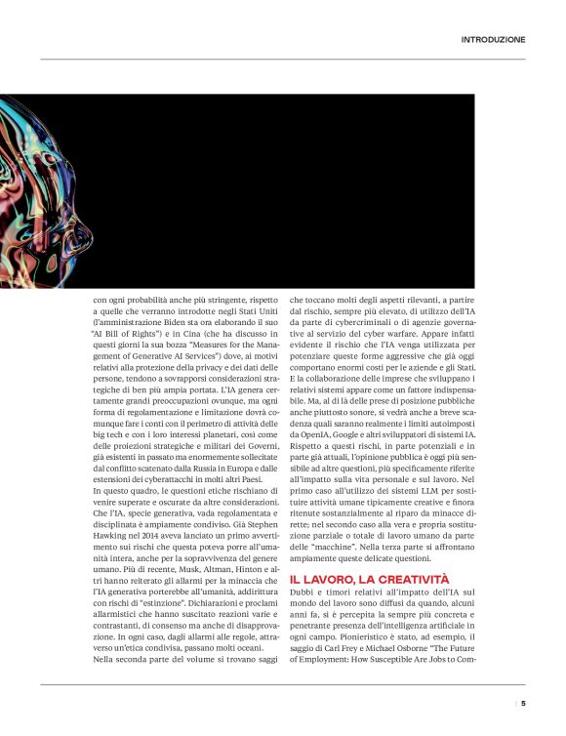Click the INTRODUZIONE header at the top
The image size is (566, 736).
pos(493,40)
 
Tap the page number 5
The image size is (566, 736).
pos(523,701)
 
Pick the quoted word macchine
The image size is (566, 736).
pos(327,548)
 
